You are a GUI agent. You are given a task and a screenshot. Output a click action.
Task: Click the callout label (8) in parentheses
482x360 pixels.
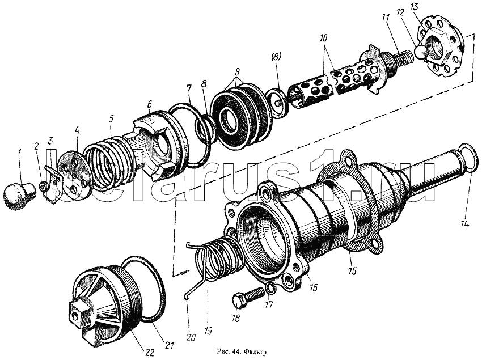point(276,57)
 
